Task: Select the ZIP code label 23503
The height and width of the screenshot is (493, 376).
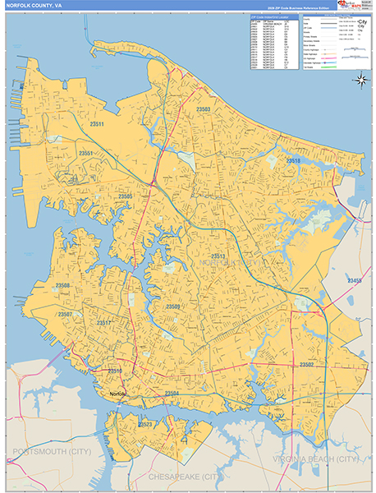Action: pos(204,109)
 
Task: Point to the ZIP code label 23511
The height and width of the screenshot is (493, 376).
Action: pos(98,124)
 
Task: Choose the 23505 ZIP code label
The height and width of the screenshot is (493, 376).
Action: pos(125,196)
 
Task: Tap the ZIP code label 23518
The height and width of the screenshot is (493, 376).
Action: pos(293,161)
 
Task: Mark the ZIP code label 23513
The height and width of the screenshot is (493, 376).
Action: pos(218,257)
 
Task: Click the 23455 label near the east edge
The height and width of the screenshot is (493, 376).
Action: pos(355,281)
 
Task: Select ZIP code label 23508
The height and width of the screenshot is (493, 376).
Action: pos(63,286)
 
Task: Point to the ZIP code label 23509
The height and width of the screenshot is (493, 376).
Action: pos(173,306)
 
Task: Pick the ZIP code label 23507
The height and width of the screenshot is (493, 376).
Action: pos(65,315)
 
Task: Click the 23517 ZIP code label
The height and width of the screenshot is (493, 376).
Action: pos(103,324)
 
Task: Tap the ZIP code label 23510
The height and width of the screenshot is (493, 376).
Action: pos(115,371)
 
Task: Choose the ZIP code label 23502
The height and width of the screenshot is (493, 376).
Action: pos(307,364)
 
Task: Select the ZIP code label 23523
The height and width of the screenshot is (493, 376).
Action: pos(146,424)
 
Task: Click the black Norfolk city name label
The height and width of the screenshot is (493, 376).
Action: pos(119,394)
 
